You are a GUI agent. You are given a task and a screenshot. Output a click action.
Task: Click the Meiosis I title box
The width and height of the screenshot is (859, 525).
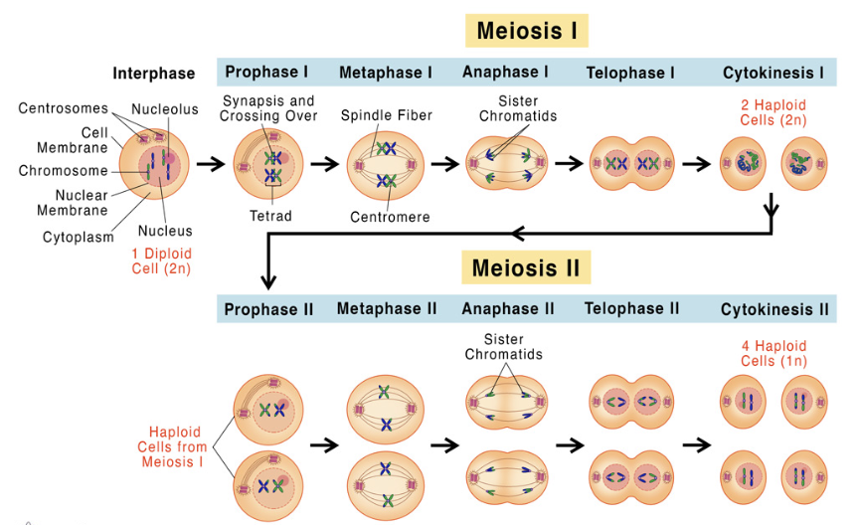[x=526, y=30]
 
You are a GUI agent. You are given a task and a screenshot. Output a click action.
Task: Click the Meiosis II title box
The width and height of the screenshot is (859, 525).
[x=526, y=267]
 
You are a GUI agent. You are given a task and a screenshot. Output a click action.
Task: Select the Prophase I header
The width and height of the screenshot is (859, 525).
[x=266, y=73]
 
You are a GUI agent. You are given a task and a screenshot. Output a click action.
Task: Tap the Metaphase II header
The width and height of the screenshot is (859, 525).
[x=387, y=309]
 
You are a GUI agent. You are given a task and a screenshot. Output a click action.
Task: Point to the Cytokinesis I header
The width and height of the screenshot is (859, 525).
[x=773, y=73]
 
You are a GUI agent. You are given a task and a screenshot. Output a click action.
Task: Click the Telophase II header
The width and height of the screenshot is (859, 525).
[x=632, y=309]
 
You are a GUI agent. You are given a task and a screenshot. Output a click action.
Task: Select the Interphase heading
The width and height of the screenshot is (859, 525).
[x=154, y=73]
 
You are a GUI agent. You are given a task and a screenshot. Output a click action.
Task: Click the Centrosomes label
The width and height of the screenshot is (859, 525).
[x=64, y=108]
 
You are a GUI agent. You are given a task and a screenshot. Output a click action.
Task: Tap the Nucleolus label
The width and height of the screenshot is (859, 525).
[x=165, y=109]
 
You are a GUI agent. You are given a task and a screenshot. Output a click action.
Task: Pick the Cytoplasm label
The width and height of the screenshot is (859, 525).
[x=79, y=237]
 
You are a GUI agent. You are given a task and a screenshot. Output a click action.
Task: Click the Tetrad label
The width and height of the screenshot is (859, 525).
[x=270, y=215]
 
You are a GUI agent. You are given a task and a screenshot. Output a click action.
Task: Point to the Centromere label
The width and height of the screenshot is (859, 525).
[x=390, y=216]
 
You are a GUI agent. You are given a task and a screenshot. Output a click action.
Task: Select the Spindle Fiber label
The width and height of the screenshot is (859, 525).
[x=387, y=115]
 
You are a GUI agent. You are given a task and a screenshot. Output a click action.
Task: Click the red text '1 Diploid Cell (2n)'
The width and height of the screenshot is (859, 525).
[x=161, y=261]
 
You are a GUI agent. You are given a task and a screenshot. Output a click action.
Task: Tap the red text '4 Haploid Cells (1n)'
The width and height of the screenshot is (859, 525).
[x=773, y=353]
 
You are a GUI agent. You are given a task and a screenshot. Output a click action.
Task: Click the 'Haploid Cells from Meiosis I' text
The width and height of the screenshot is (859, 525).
[x=175, y=446]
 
